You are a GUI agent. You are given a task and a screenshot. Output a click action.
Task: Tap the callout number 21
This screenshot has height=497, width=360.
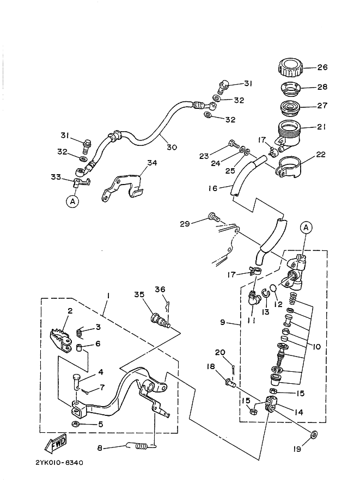(322, 127)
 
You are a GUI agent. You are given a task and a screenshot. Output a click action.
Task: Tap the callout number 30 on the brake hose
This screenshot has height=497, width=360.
(172, 146)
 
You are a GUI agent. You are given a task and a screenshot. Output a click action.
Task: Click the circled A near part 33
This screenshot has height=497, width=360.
(72, 201)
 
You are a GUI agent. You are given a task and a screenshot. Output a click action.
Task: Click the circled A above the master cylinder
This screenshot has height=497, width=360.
(306, 228)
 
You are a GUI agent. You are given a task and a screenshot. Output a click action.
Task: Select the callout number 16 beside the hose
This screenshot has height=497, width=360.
(212, 188)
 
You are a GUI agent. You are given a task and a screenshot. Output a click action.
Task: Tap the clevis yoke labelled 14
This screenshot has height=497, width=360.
(272, 405)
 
